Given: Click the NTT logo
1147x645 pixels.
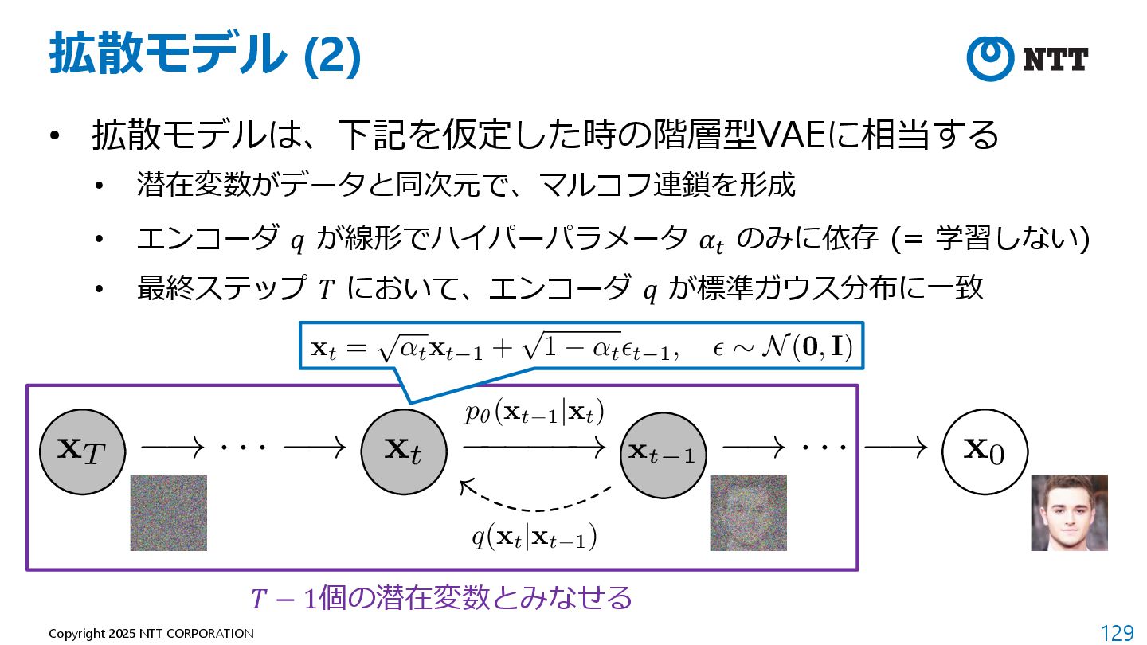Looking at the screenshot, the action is pos(1027,59).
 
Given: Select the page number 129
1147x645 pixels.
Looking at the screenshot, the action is pos(1117,633).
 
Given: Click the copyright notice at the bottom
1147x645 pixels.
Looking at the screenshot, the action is pos(151,633).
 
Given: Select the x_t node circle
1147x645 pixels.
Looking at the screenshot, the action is pos(403,451).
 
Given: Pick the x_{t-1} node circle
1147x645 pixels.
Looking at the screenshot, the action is pos(663,453).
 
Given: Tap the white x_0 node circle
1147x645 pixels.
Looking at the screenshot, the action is pos(985,451).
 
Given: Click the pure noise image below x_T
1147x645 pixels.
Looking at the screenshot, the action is pos(168,513).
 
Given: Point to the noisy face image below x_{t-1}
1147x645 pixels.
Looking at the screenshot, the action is pos(748,513).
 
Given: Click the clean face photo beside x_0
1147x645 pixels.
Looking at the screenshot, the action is pos(1069,513).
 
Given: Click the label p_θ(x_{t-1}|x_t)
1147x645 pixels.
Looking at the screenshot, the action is pos(535,413).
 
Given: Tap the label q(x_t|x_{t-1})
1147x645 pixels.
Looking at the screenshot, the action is pos(534,538).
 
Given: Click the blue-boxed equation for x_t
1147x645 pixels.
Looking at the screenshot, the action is pos(580,346).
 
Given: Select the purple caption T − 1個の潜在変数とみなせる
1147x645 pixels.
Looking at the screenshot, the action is pos(440,597).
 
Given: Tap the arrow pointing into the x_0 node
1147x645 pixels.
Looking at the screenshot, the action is pos(895,448).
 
